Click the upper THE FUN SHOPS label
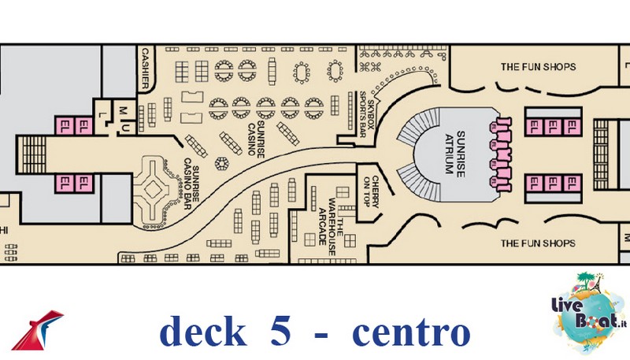click(x=538, y=67)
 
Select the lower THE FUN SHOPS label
click(x=538, y=243)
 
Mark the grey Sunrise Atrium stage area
click(x=453, y=154)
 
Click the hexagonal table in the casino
click(x=221, y=163)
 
